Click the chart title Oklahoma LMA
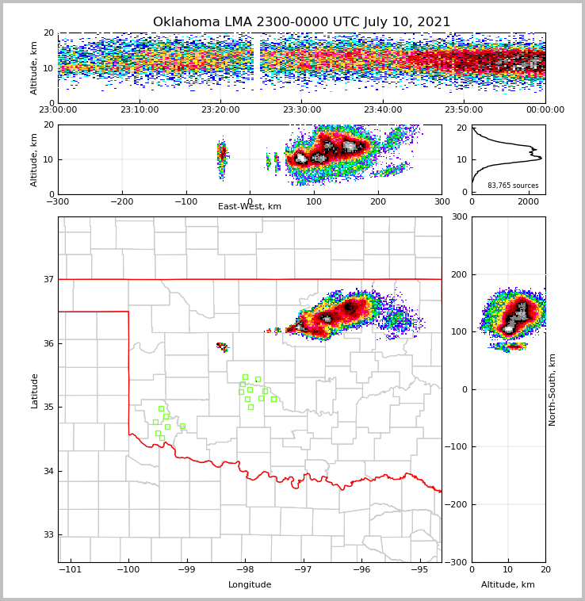tap(301, 22)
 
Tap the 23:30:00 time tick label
tap(301, 110)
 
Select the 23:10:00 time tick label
tap(140, 110)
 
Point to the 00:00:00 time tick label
tap(545, 110)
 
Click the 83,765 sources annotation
tap(513, 186)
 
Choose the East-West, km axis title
tap(250, 207)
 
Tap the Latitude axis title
tap(34, 390)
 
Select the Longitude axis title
tap(250, 585)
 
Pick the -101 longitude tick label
tap(71, 569)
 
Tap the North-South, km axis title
tap(552, 389)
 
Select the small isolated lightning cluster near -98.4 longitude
tap(222, 346)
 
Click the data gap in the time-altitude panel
tap(257, 67)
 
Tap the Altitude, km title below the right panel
tap(508, 585)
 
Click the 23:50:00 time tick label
tap(464, 110)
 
